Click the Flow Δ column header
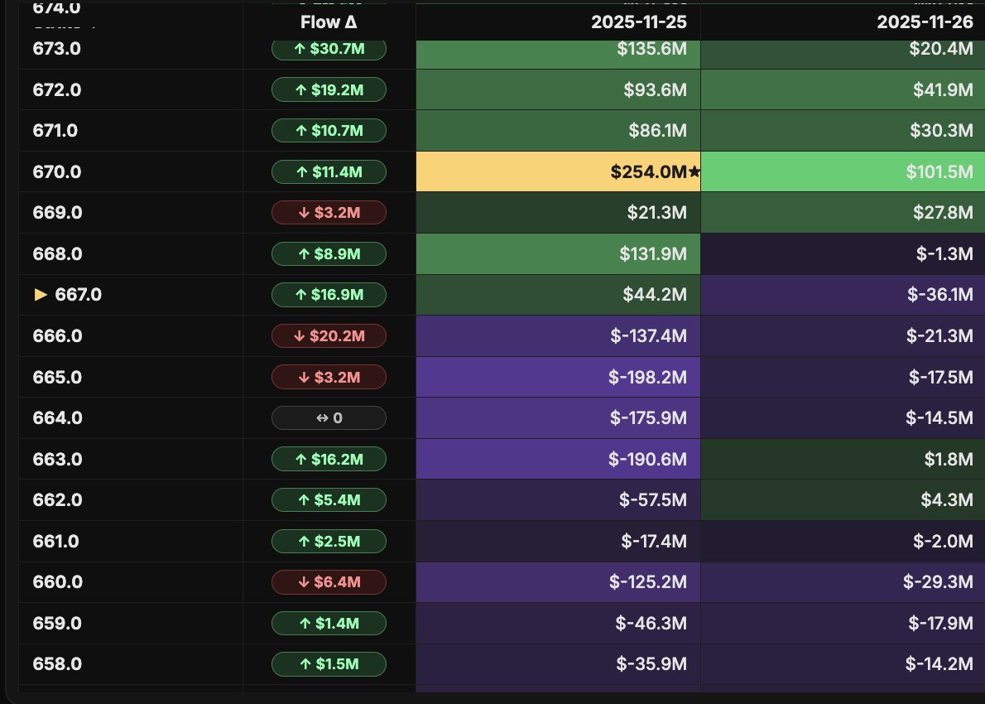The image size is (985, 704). coord(329,22)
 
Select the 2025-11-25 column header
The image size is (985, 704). coord(638,22)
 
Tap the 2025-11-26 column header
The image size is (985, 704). coord(925,22)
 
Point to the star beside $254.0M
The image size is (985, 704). coord(694,172)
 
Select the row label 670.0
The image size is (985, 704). coord(57,171)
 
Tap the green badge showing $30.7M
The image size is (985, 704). coord(329,49)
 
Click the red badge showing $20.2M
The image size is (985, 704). coord(329,335)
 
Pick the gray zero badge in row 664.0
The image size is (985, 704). coord(329,418)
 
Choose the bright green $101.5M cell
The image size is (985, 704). coord(843,171)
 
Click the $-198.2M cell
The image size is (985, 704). coord(558,377)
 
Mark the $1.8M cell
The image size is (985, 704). coord(843,459)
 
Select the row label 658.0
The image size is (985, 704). coord(57,664)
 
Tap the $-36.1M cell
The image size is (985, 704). coord(843,295)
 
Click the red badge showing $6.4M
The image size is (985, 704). coord(329,582)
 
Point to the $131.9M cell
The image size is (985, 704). coord(558,253)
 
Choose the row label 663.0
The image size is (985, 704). coord(57,459)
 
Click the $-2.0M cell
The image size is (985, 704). coord(843,541)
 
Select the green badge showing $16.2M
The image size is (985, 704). coord(329,459)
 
